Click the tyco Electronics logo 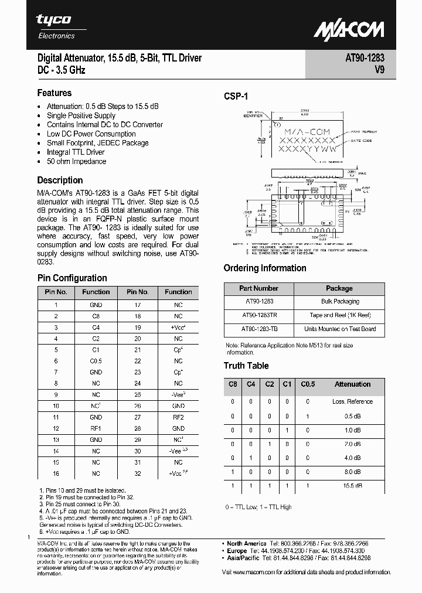[x=56, y=26]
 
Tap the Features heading [x=55, y=93]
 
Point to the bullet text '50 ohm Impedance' [x=76, y=161]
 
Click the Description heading [x=60, y=180]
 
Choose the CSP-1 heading [x=236, y=96]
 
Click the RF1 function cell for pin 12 [x=96, y=428]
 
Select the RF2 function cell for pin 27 [x=178, y=417]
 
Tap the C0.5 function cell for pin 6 [x=96, y=361]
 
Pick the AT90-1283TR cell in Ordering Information [x=258, y=315]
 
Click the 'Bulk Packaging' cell [x=340, y=301]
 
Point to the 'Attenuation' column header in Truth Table [x=352, y=384]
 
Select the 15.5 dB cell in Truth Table [x=352, y=486]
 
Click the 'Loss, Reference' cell [x=352, y=401]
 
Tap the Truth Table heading [x=246, y=366]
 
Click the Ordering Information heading [x=265, y=268]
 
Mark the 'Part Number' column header [x=258, y=288]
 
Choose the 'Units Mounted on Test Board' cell [x=340, y=329]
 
